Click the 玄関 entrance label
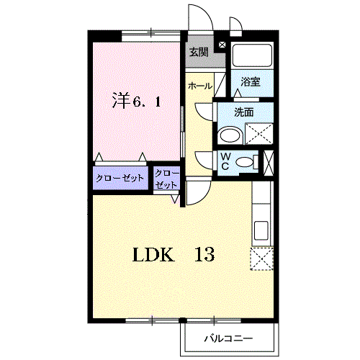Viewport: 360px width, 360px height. click(x=199, y=52)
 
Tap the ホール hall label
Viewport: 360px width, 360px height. click(x=200, y=86)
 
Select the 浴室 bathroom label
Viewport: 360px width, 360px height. click(x=251, y=82)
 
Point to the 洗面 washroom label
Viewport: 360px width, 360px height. click(x=244, y=112)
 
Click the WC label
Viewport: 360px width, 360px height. click(x=225, y=161)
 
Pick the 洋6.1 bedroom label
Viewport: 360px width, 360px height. click(x=136, y=101)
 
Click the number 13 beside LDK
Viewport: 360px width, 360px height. click(x=204, y=254)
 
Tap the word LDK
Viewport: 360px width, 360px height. click(x=153, y=254)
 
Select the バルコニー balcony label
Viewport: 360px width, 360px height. click(x=228, y=338)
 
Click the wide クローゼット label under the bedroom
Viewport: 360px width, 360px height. click(x=120, y=178)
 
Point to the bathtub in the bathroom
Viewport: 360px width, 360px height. click(x=252, y=55)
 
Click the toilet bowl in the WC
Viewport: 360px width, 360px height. click(x=245, y=161)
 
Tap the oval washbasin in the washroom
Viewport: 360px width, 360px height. click(x=230, y=135)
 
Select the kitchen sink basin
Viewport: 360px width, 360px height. click(x=261, y=230)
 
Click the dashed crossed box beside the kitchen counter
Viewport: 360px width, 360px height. click(x=262, y=258)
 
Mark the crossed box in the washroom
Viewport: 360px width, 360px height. click(x=259, y=134)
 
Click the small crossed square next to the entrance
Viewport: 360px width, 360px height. click(x=222, y=45)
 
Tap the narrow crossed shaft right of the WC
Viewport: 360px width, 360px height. click(x=269, y=163)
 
